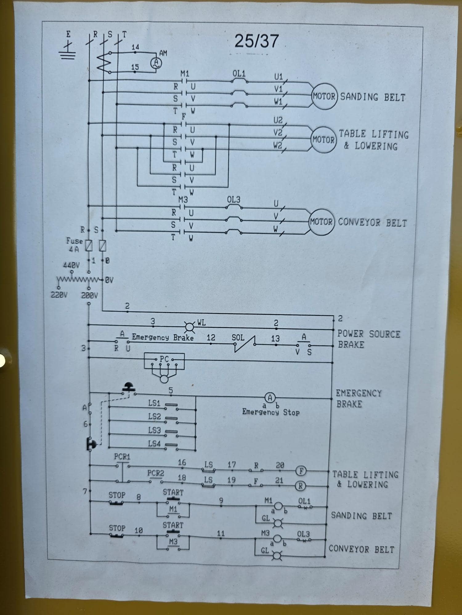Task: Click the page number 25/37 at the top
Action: (x=257, y=41)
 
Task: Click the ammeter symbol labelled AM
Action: (x=156, y=63)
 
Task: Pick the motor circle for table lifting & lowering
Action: (x=324, y=140)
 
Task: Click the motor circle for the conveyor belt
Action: (x=321, y=222)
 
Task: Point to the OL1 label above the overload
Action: (x=239, y=74)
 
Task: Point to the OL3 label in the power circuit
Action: (x=234, y=200)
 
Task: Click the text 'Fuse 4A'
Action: (x=75, y=245)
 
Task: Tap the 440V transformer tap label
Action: (x=71, y=265)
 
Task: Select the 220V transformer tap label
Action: (x=59, y=295)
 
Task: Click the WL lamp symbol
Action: (x=189, y=327)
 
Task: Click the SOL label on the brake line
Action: (x=238, y=338)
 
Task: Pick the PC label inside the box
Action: (x=164, y=359)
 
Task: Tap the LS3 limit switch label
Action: (x=154, y=430)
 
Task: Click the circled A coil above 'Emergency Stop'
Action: (x=270, y=398)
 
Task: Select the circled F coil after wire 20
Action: (x=301, y=471)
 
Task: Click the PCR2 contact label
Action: (x=156, y=473)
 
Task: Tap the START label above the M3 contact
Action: (x=173, y=525)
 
